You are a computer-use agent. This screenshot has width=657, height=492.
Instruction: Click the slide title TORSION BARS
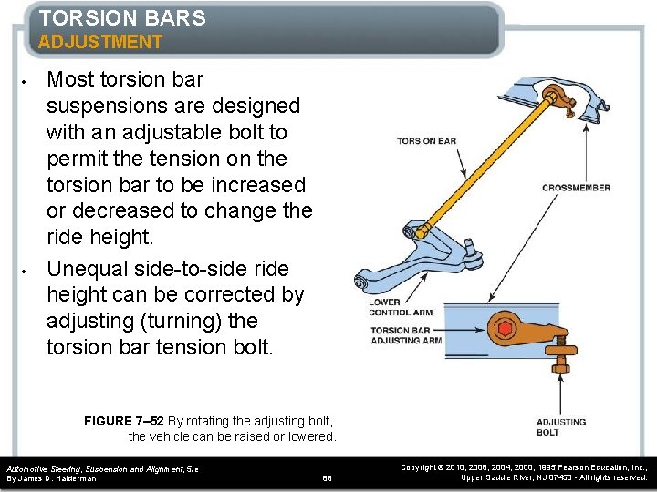click(122, 17)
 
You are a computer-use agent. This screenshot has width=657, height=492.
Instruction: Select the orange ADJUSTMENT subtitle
click(100, 42)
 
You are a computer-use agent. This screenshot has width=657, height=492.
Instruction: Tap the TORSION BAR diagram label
click(427, 141)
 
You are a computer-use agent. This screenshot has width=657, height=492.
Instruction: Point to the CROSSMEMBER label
click(576, 188)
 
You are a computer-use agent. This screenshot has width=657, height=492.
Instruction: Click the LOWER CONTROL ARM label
click(400, 307)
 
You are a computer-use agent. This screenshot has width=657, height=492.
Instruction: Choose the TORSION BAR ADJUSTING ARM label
click(406, 335)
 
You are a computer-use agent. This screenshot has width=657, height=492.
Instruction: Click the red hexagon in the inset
click(502, 329)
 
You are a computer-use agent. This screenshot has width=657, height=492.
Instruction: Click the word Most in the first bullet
click(70, 80)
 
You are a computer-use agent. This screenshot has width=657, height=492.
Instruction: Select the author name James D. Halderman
click(53, 477)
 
